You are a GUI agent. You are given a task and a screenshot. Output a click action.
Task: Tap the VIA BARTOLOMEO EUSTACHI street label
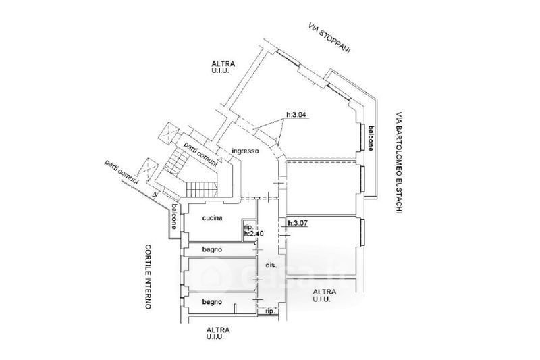[399, 162]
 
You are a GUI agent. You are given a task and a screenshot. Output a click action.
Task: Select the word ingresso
[245, 151]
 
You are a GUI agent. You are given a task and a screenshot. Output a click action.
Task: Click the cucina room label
[213, 218]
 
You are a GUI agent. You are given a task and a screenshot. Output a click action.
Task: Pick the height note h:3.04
[296, 115]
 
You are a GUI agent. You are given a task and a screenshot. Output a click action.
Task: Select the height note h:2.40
[254, 234]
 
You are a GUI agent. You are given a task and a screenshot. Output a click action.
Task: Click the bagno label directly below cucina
[213, 250]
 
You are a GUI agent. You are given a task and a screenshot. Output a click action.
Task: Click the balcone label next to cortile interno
[174, 217]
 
